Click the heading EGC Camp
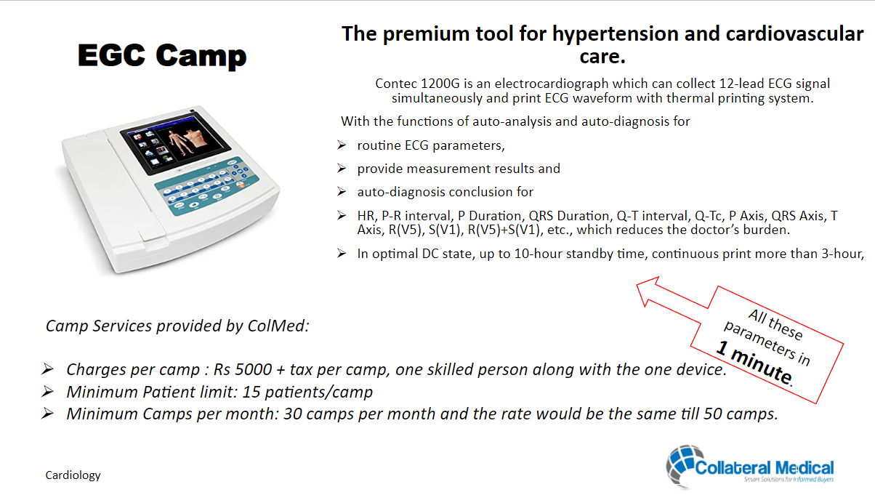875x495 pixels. (162, 55)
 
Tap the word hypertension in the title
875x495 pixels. (616, 33)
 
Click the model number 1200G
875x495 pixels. (440, 84)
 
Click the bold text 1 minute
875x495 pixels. (754, 363)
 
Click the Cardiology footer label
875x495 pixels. (73, 475)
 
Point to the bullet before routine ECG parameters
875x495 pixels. (342, 145)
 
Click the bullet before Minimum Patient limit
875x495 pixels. (47, 392)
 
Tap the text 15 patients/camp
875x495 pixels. (307, 392)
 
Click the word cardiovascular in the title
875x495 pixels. (794, 33)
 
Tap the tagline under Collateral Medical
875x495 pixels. (789, 480)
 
